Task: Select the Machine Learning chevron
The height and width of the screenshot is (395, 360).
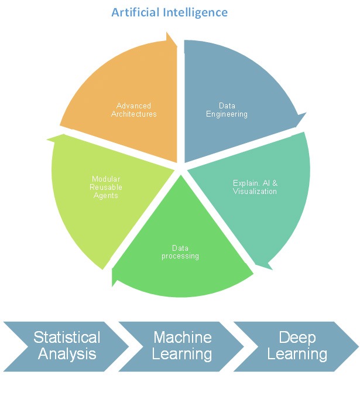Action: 181,346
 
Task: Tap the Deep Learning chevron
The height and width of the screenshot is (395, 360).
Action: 297,346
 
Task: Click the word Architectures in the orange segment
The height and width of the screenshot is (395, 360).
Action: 134,114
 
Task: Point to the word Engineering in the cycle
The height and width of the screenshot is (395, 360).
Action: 227,114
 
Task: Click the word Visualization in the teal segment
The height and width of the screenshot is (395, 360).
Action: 255,192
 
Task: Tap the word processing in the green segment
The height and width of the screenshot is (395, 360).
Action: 180,256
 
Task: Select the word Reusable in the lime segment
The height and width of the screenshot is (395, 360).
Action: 106,187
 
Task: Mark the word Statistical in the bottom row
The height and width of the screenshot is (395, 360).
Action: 67,338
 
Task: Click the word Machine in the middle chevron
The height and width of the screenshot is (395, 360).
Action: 182,338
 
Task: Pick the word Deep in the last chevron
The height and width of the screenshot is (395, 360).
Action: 297,338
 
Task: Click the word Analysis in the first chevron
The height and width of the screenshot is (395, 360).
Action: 67,354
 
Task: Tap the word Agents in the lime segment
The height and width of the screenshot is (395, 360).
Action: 106,195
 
